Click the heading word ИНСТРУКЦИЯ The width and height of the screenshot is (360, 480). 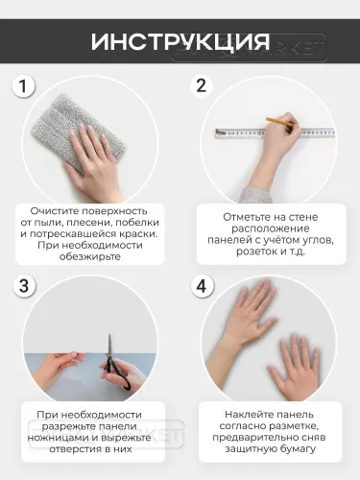[x=180, y=42]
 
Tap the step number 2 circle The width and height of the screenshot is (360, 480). [x=201, y=85]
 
